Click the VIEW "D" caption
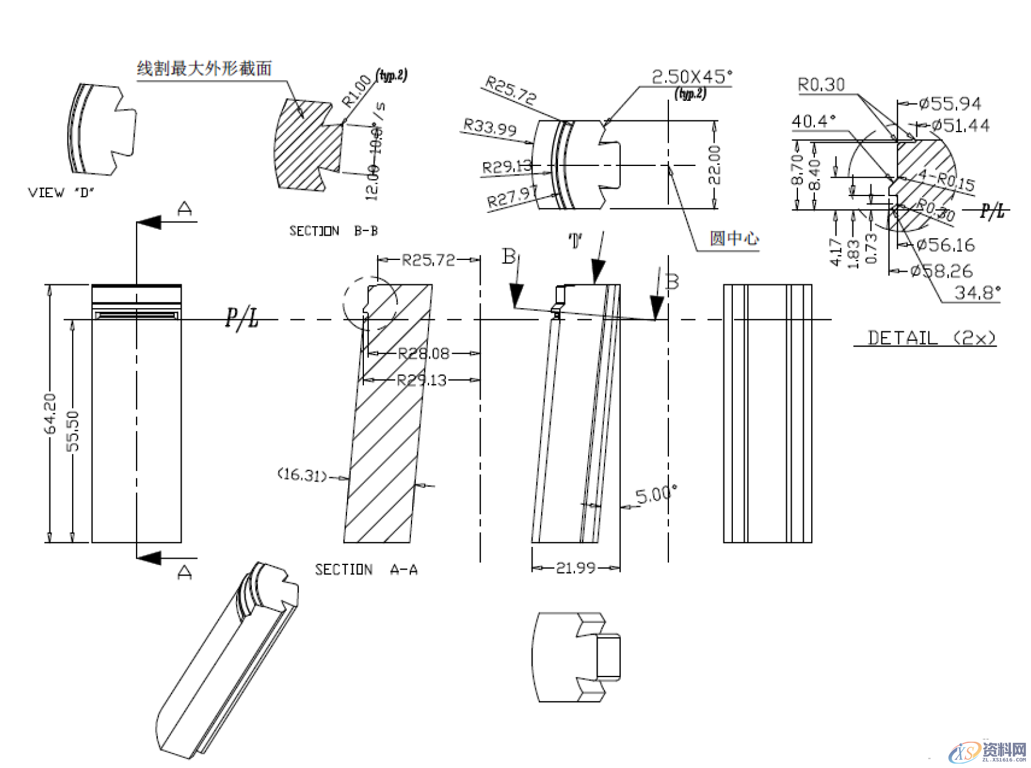click(61, 192)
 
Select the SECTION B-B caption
click(333, 231)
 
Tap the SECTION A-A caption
click(366, 569)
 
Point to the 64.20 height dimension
click(50, 413)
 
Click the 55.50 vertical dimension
click(73, 430)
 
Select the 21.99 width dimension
click(576, 568)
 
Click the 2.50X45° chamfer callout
click(692, 77)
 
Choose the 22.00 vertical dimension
click(714, 165)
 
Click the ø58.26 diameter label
click(941, 271)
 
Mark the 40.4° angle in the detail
click(814, 121)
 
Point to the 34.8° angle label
click(977, 293)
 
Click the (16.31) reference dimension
click(302, 475)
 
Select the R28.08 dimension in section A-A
click(424, 353)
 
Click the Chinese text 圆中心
click(733, 238)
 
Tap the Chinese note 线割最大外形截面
click(204, 68)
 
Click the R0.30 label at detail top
click(821, 85)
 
